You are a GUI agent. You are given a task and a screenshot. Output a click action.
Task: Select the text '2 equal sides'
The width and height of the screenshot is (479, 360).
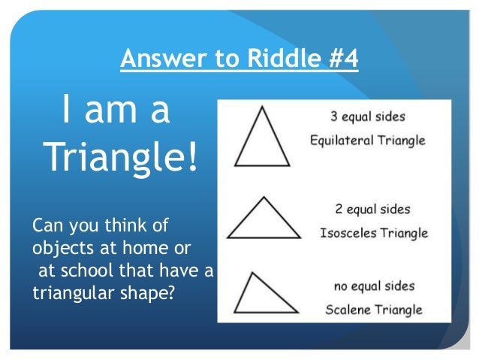coord(372,209)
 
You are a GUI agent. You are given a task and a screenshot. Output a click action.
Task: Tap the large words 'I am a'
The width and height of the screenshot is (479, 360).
coord(116,110)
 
